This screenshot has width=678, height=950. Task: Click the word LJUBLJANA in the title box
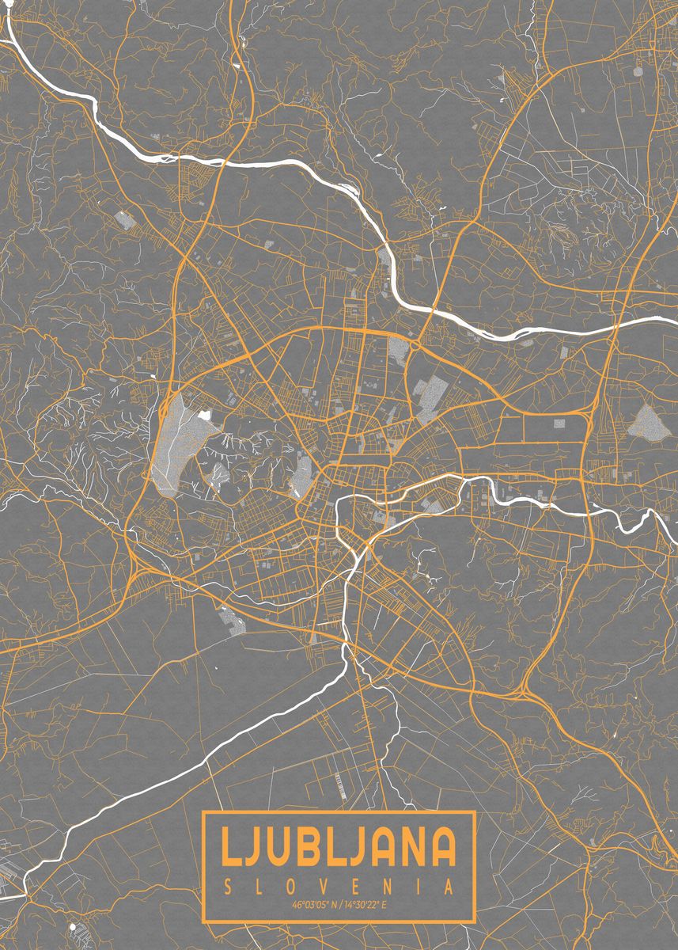339,846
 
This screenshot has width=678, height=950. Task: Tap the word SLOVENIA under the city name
339,885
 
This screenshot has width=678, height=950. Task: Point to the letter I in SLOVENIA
420,885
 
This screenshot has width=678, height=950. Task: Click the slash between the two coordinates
340,904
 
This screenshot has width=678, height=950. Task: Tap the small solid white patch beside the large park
206,413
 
